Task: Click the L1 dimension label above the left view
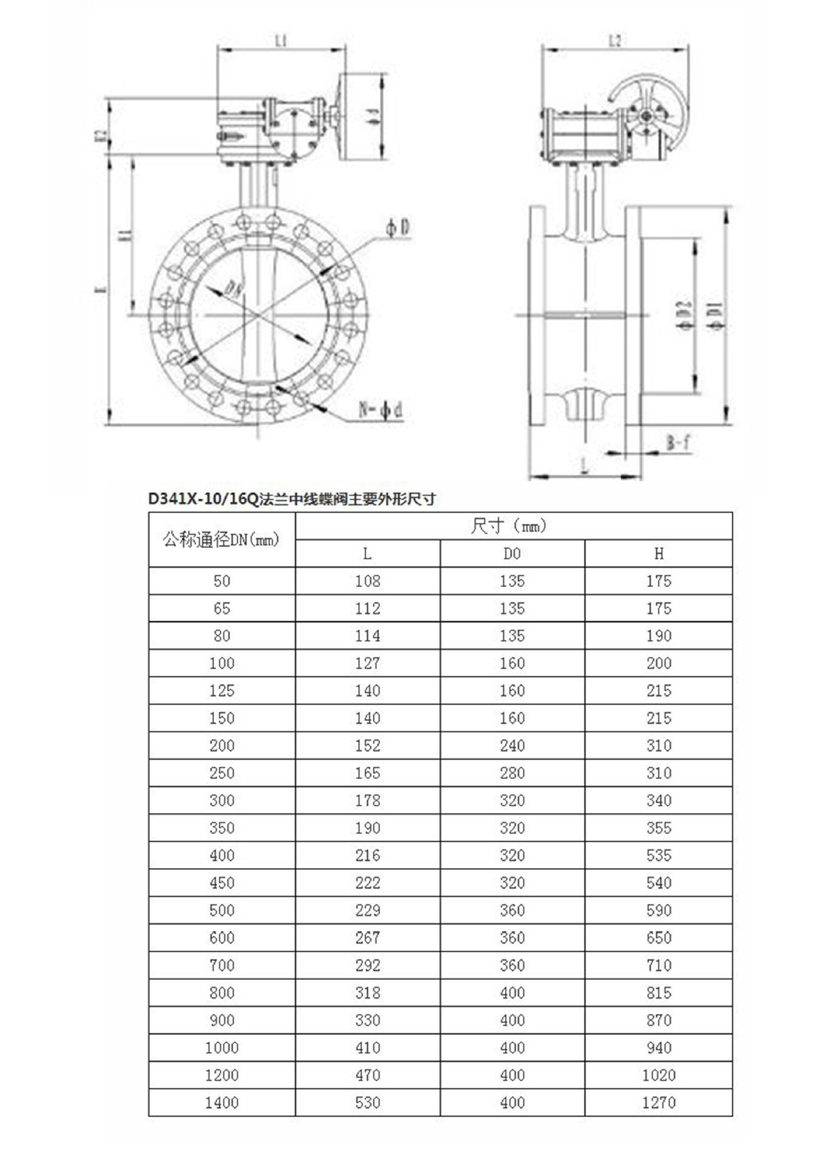click(x=281, y=41)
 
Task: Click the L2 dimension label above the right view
click(x=615, y=41)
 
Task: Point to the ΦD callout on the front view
click(x=397, y=228)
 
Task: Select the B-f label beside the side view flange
click(x=679, y=443)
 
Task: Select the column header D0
click(x=512, y=554)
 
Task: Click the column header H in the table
click(x=659, y=554)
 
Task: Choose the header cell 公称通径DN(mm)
click(x=221, y=540)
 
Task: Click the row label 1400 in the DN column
click(x=221, y=1102)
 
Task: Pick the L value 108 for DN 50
click(x=368, y=581)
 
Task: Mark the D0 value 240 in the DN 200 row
click(x=512, y=746)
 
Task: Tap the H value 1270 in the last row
click(x=659, y=1102)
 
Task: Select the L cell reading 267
click(x=368, y=937)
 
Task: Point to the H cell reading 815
click(x=659, y=992)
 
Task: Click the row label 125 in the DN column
click(x=221, y=691)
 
